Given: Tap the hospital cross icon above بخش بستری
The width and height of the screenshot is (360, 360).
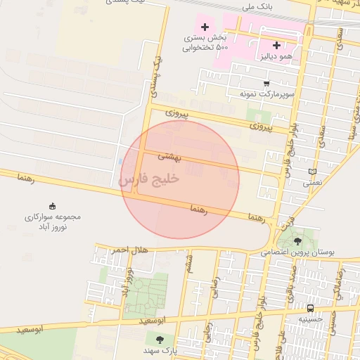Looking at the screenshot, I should pyautogui.click(x=205, y=26).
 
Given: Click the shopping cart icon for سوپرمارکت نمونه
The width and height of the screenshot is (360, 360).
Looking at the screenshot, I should pyautogui.click(x=266, y=83).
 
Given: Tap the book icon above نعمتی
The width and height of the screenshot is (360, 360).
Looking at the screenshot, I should pyautogui.click(x=313, y=171).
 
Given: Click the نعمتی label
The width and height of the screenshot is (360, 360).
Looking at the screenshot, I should pyautogui.click(x=312, y=182).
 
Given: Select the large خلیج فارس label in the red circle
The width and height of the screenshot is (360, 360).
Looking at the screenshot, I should pyautogui.click(x=150, y=179).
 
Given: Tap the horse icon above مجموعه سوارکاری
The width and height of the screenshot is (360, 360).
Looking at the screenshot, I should pyautogui.click(x=53, y=205).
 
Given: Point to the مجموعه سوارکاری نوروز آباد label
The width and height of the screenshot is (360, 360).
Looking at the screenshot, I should pyautogui.click(x=53, y=221).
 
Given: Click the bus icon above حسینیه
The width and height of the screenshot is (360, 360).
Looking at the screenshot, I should pyautogui.click(x=310, y=308).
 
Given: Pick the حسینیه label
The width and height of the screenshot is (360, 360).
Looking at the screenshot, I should pyautogui.click(x=310, y=319).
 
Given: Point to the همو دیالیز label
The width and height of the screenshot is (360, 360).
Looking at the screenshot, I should pyautogui.click(x=276, y=56).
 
